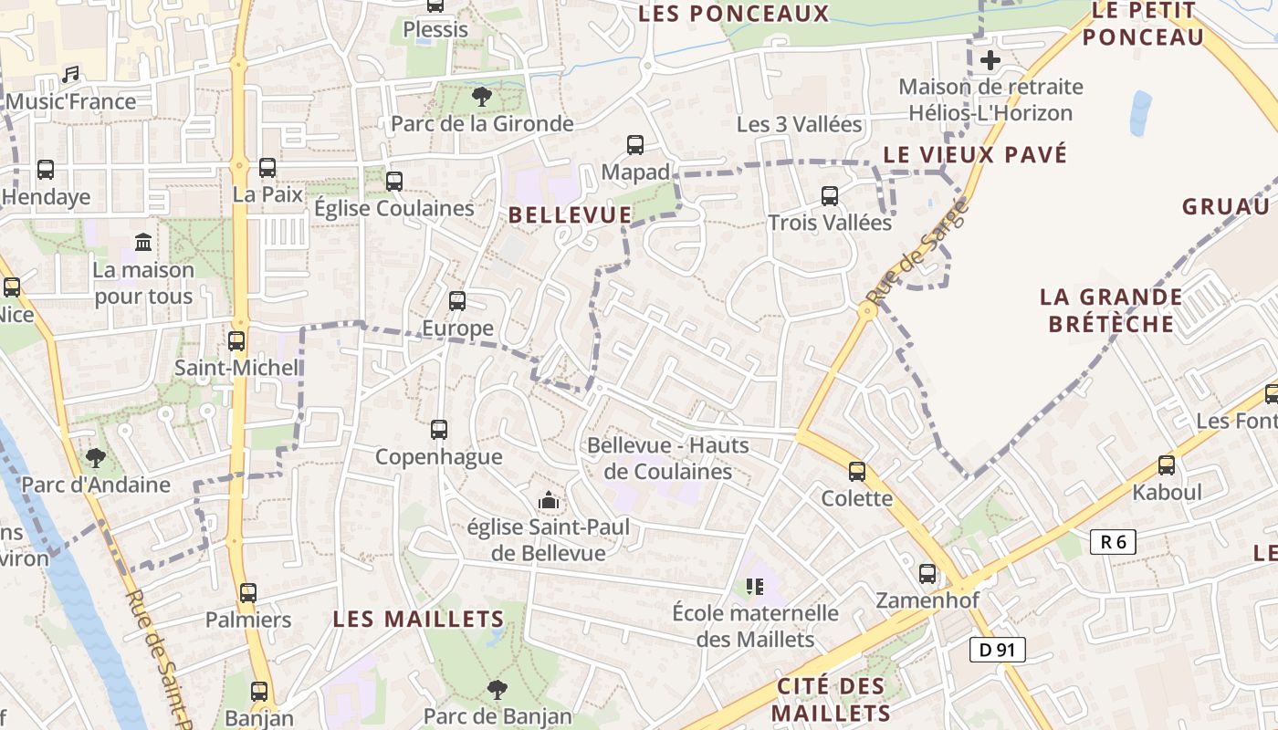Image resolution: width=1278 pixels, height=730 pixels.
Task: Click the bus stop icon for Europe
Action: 457,300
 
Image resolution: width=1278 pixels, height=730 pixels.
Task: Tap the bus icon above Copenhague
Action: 439,429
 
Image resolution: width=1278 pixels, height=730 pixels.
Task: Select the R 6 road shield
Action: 1113,542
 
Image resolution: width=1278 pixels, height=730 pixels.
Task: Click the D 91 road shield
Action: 998,650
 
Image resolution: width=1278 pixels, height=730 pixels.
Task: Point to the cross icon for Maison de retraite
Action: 990,61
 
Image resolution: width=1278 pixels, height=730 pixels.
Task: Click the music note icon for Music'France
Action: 70,74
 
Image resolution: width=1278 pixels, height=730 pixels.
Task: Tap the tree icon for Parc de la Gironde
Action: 481,96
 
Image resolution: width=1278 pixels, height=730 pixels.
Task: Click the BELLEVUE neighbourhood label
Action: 570,215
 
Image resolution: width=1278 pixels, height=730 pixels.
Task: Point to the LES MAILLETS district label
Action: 418,619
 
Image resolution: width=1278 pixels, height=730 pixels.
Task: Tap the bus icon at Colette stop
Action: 857,471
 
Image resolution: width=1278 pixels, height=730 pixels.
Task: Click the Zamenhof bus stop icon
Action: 927,574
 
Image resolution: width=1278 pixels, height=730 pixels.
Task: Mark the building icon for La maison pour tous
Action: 143,243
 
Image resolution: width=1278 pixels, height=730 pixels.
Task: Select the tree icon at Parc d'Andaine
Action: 96,457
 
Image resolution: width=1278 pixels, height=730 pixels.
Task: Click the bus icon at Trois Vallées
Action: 830,195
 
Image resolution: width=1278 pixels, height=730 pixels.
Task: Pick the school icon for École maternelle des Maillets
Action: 754,586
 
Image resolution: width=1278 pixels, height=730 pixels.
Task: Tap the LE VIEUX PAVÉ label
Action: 975,154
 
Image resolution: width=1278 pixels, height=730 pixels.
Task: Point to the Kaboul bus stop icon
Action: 1167,465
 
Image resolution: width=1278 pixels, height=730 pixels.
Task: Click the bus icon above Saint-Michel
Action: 236,340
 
